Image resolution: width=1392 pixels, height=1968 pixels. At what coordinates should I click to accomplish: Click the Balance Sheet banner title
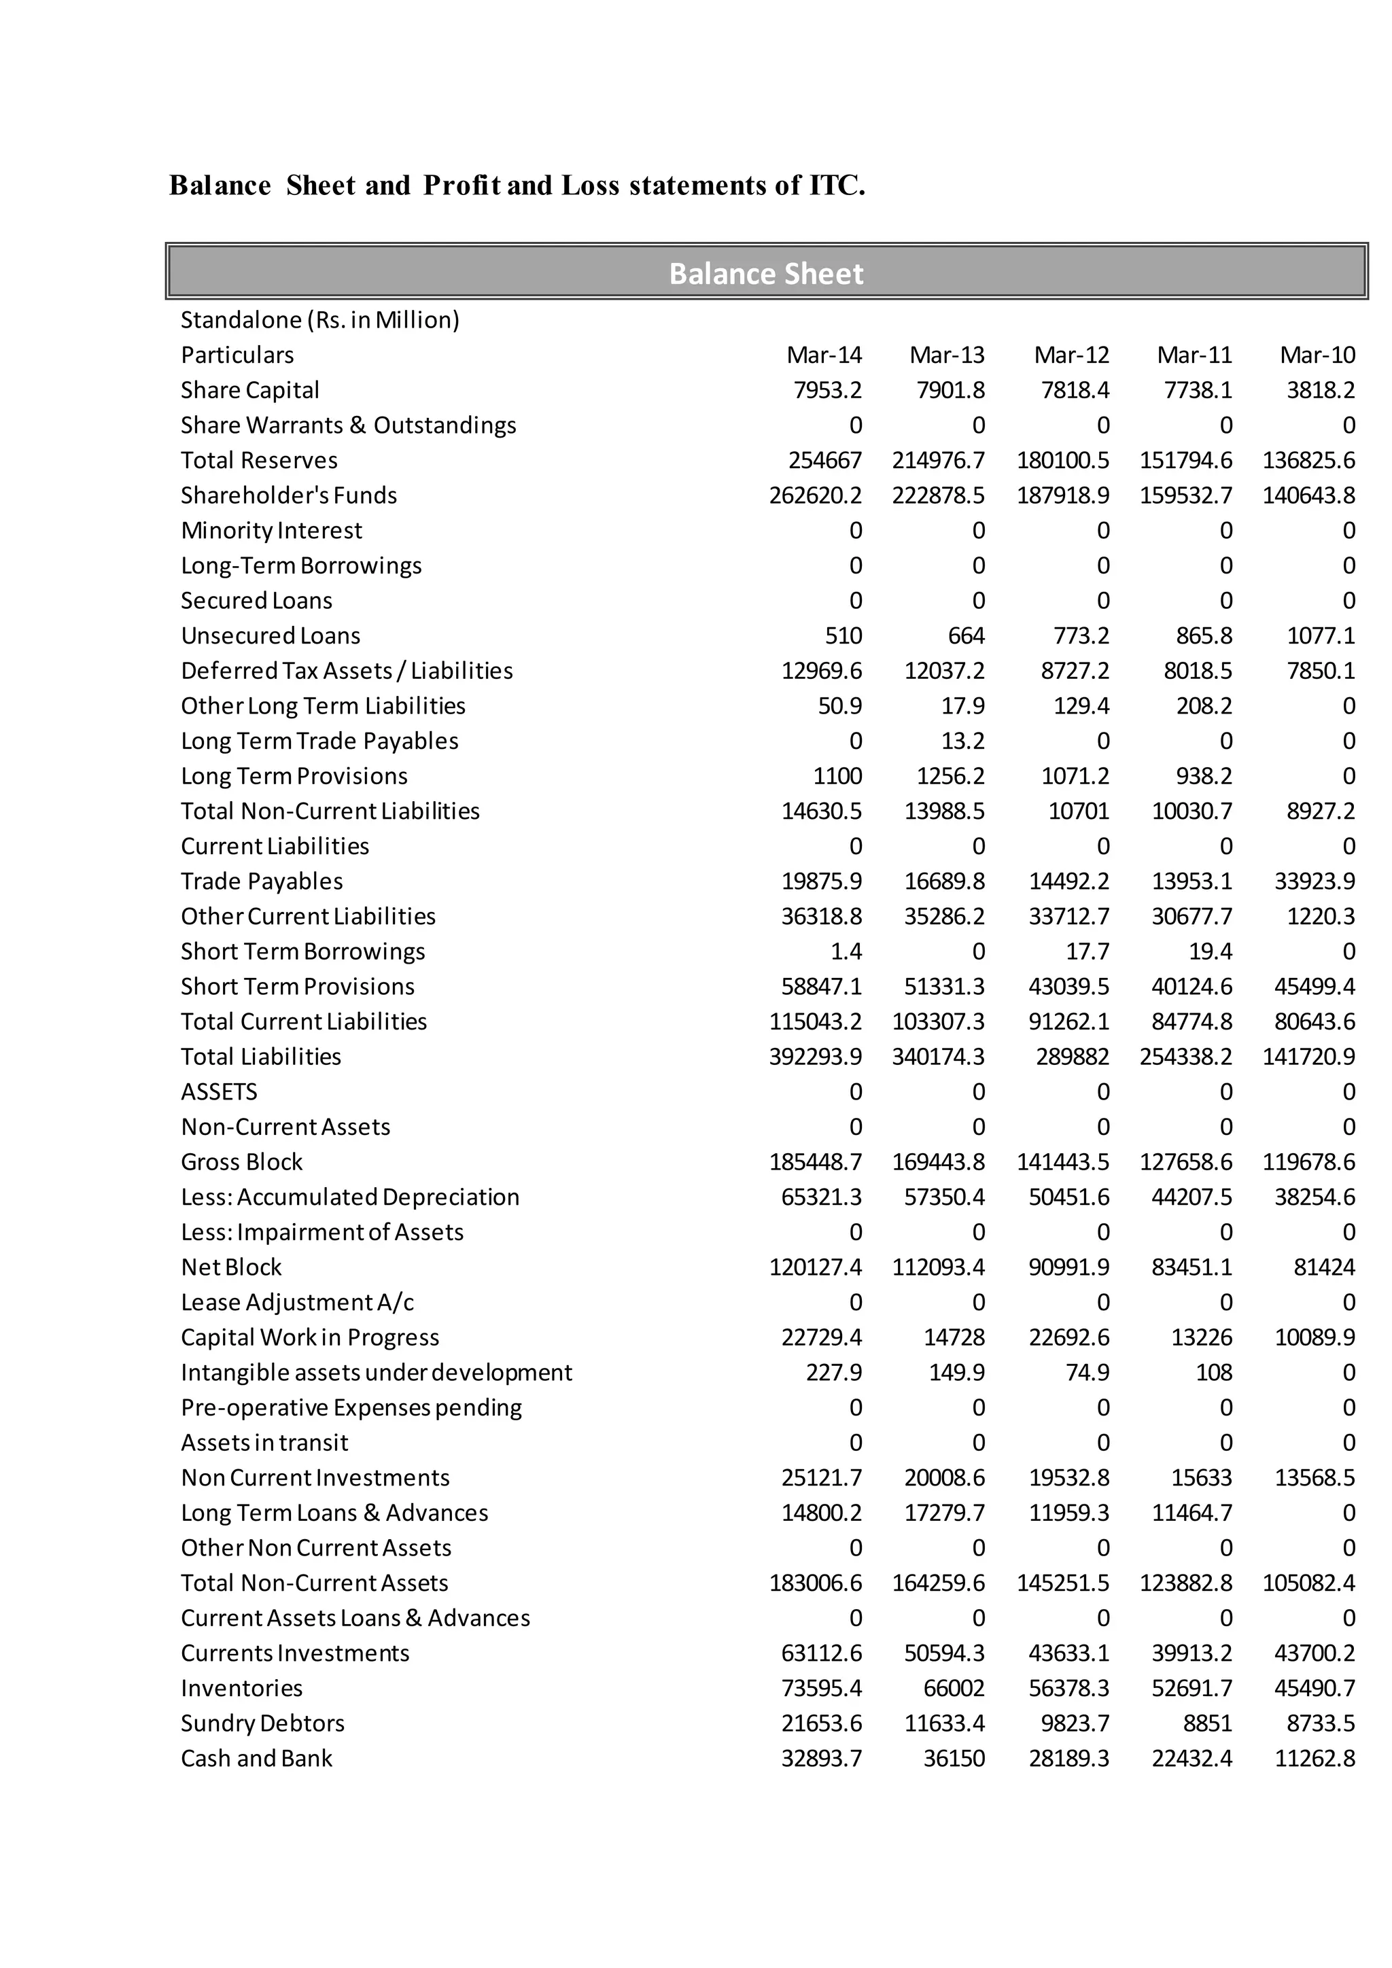[x=765, y=273]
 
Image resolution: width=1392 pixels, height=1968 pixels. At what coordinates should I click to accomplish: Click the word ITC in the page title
[x=837, y=185]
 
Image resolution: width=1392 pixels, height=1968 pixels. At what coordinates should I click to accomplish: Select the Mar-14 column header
[x=824, y=355]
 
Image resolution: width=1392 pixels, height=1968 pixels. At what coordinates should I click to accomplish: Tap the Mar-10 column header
[x=1317, y=355]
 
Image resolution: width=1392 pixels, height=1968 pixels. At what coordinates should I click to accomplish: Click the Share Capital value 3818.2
[x=1320, y=390]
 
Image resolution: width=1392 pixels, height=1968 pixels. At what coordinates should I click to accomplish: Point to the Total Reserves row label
[x=259, y=460]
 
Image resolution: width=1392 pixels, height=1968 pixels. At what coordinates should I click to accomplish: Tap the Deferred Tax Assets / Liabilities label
[x=346, y=670]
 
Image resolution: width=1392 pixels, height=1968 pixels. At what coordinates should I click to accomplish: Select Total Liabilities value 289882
[x=1073, y=1057]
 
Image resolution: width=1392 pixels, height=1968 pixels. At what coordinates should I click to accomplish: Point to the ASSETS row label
[x=219, y=1092]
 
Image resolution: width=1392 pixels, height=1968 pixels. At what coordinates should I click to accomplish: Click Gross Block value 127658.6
[x=1185, y=1162]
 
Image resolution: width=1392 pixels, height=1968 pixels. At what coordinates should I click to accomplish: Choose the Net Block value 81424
[x=1324, y=1267]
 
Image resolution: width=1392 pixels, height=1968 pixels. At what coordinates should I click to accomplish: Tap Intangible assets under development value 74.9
[x=1087, y=1372]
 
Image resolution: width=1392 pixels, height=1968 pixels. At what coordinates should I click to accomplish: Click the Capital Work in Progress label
[x=309, y=1337]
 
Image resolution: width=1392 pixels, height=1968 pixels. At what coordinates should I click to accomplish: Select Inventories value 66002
[x=954, y=1688]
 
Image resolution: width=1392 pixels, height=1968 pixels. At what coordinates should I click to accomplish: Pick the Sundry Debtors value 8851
[x=1207, y=1723]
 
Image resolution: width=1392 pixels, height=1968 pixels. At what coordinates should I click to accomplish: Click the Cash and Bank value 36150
[x=954, y=1758]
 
